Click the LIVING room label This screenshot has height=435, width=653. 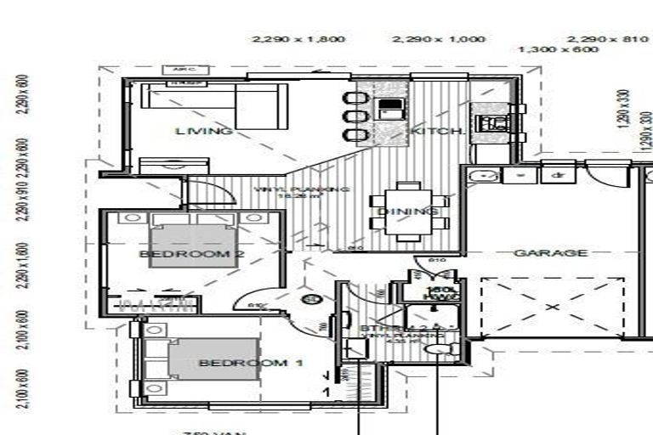[x=204, y=131]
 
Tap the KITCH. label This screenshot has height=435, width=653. [x=437, y=132]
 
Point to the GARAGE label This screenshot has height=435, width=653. [x=550, y=253]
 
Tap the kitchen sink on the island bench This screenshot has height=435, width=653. [x=390, y=108]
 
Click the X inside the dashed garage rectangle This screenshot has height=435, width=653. [x=551, y=306]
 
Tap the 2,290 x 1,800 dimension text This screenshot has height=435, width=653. [x=287, y=39]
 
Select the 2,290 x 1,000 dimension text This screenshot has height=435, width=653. [x=439, y=39]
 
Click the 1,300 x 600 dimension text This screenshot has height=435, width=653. [x=558, y=49]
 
